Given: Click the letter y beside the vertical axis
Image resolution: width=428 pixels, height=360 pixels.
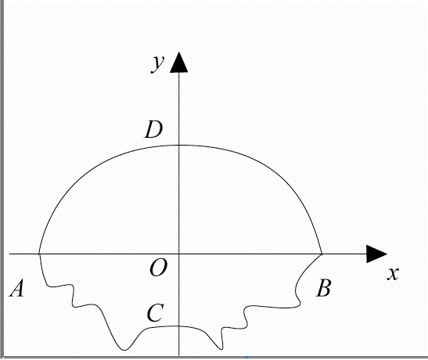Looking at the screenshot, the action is [x=158, y=64].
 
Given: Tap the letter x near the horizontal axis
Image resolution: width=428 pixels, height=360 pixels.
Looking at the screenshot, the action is [x=393, y=273].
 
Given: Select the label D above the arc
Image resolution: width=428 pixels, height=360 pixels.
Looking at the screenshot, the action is [x=154, y=129].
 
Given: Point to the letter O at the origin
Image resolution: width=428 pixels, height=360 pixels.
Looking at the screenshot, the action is [x=158, y=268].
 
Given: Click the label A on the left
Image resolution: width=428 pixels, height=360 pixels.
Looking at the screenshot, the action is [x=17, y=288].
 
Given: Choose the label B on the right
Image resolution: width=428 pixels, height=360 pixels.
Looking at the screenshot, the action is [x=324, y=288].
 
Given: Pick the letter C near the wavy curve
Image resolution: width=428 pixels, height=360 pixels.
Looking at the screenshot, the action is [x=155, y=313].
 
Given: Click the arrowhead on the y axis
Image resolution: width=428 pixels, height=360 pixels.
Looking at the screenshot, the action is [x=178, y=63].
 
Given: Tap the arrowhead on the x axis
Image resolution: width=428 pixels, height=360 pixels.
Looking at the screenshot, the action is [x=376, y=254].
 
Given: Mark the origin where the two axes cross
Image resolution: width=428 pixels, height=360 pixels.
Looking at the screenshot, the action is [x=178, y=254].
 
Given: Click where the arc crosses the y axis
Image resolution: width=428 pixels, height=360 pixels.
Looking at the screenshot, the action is [x=178, y=146].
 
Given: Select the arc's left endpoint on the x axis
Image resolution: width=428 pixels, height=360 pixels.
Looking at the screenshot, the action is [x=39, y=254].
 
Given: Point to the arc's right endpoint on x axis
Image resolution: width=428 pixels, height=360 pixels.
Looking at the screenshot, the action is [x=322, y=254].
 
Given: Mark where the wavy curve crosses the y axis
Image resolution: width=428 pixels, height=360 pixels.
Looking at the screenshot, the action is [x=178, y=326].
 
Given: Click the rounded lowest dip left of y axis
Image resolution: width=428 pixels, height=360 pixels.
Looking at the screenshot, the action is [x=124, y=350].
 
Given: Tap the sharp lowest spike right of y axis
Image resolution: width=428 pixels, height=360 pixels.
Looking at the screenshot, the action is [x=221, y=349].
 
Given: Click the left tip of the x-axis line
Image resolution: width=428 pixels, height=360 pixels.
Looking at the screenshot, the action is [x=9, y=254].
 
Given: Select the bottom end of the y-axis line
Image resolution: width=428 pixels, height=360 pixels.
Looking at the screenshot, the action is [x=178, y=355].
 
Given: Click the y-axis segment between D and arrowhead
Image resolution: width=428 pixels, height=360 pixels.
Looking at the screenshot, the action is [x=178, y=109].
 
